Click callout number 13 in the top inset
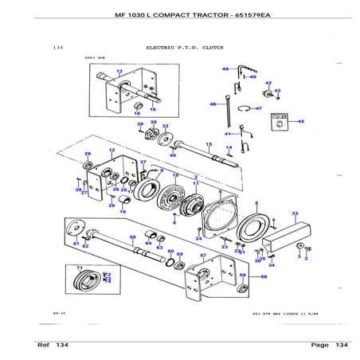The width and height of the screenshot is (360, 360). pos(119,71)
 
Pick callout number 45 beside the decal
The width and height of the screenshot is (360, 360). pos(301,121)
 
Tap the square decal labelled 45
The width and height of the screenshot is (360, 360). pos(280,122)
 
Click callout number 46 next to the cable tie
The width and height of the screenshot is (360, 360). pos(213,104)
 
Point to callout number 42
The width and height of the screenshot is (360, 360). pos(268,83)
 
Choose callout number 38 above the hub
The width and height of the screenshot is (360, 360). pos(153,122)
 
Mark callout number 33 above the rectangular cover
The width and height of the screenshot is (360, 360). pos(295,213)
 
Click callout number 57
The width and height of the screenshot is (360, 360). pos(203,256)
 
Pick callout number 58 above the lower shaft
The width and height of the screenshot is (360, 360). pos(133,237)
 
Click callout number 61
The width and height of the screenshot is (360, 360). pos(76,243)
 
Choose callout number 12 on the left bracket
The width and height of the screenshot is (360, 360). pos(112,151)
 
